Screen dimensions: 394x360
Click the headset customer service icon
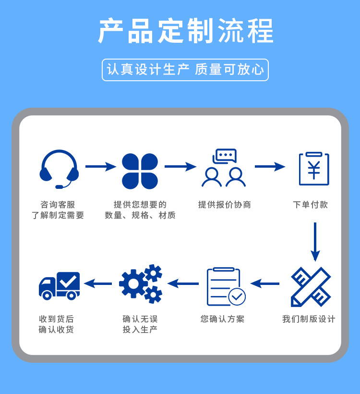tap(59, 169)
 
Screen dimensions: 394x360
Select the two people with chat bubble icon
tap(224, 168)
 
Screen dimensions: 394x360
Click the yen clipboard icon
tap(314, 169)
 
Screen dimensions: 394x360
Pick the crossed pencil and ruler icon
tap(311, 286)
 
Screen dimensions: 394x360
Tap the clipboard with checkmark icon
tap(225, 286)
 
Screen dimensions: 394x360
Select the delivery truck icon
tap(59, 285)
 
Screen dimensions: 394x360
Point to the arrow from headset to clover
tap(100, 167)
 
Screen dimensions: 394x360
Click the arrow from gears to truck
tap(98, 283)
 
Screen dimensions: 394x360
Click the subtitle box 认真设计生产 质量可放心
tap(185, 70)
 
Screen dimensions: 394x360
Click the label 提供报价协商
tap(225, 205)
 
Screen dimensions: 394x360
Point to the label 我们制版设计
tap(309, 319)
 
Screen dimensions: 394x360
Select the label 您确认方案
tap(222, 319)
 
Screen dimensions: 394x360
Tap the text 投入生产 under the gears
tap(140, 330)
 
